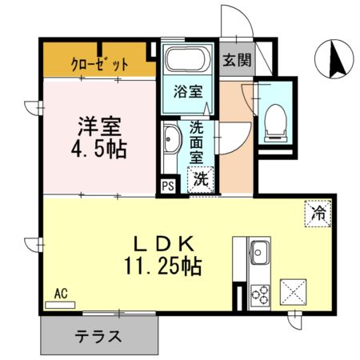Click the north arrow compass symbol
pos(334,59)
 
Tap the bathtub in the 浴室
pos(188,59)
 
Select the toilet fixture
pos(275,123)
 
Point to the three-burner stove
pos(260,294)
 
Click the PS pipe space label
pos(169,186)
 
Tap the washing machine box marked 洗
pos(201,179)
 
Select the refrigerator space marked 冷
pos(318,214)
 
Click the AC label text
pos(61,294)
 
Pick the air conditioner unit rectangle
pos(60,305)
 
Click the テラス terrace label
pos(98,336)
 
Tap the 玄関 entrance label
pos(237,60)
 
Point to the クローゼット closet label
pos(99,64)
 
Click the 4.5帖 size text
pos(98,149)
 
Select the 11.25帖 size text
pos(163,266)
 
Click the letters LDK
pos(163,244)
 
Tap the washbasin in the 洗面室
pos(170,139)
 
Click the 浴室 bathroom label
pos(188,91)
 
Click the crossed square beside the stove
pos(293,292)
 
